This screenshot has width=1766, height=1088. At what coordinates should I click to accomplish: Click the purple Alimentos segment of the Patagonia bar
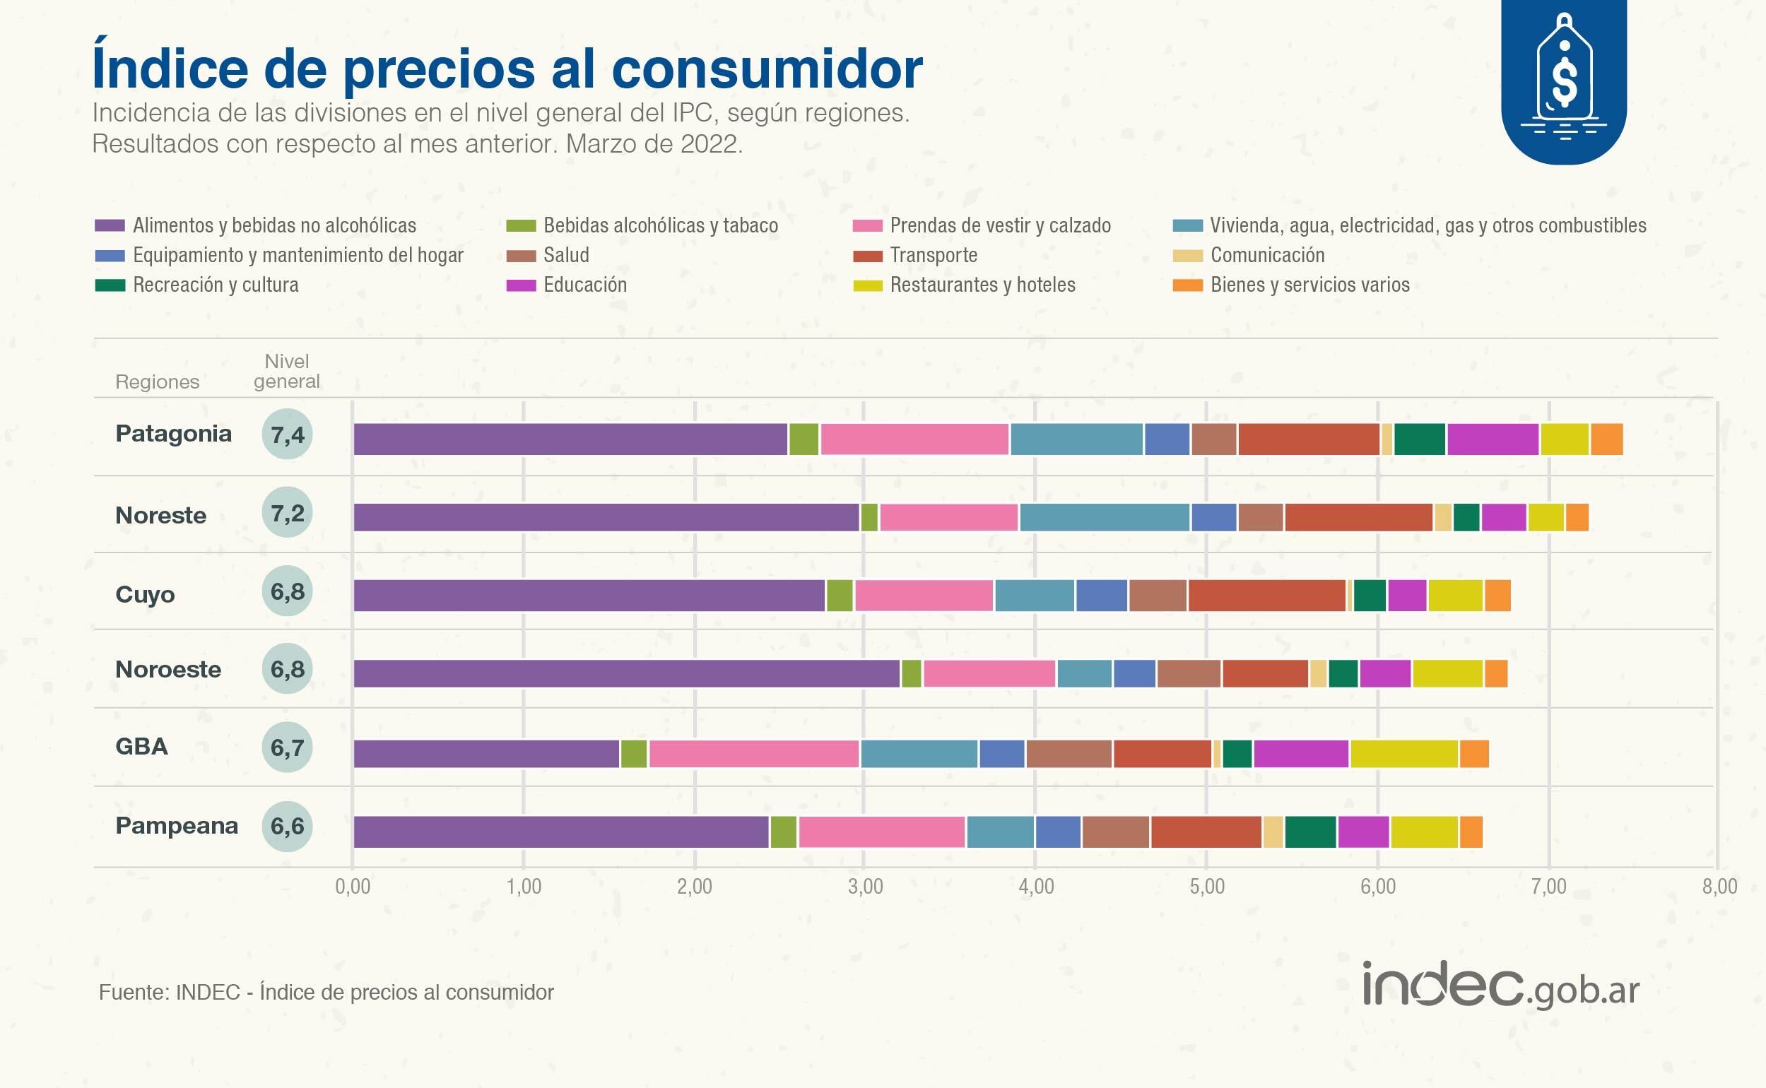click(x=570, y=439)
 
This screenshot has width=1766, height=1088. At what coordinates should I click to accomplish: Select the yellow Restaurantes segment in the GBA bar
click(x=1403, y=753)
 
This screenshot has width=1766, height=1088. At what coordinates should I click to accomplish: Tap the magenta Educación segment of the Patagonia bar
click(x=1493, y=439)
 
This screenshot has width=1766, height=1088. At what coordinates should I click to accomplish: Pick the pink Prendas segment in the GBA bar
click(x=753, y=753)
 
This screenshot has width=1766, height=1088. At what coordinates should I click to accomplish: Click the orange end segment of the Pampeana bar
click(x=1470, y=832)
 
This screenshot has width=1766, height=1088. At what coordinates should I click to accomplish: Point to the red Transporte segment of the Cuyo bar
click(x=1266, y=595)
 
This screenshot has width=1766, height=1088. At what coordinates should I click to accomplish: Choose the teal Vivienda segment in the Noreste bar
click(x=1104, y=517)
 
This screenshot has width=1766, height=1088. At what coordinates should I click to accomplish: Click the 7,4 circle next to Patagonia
click(x=287, y=434)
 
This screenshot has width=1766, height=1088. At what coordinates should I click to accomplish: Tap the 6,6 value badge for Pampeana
click(x=287, y=826)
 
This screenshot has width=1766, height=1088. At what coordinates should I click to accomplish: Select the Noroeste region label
click(x=167, y=669)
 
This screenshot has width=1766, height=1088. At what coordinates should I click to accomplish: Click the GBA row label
click(x=142, y=746)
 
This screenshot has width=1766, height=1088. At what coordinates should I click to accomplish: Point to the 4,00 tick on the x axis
click(x=1036, y=887)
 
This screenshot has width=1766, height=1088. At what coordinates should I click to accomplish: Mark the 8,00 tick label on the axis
click(x=1719, y=887)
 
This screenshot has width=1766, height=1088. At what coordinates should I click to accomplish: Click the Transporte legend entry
click(x=933, y=256)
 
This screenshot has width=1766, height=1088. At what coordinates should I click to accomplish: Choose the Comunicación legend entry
click(x=1266, y=256)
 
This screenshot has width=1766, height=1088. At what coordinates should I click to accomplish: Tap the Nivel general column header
click(x=286, y=371)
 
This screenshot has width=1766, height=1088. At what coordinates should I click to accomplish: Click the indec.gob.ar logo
click(x=1500, y=986)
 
